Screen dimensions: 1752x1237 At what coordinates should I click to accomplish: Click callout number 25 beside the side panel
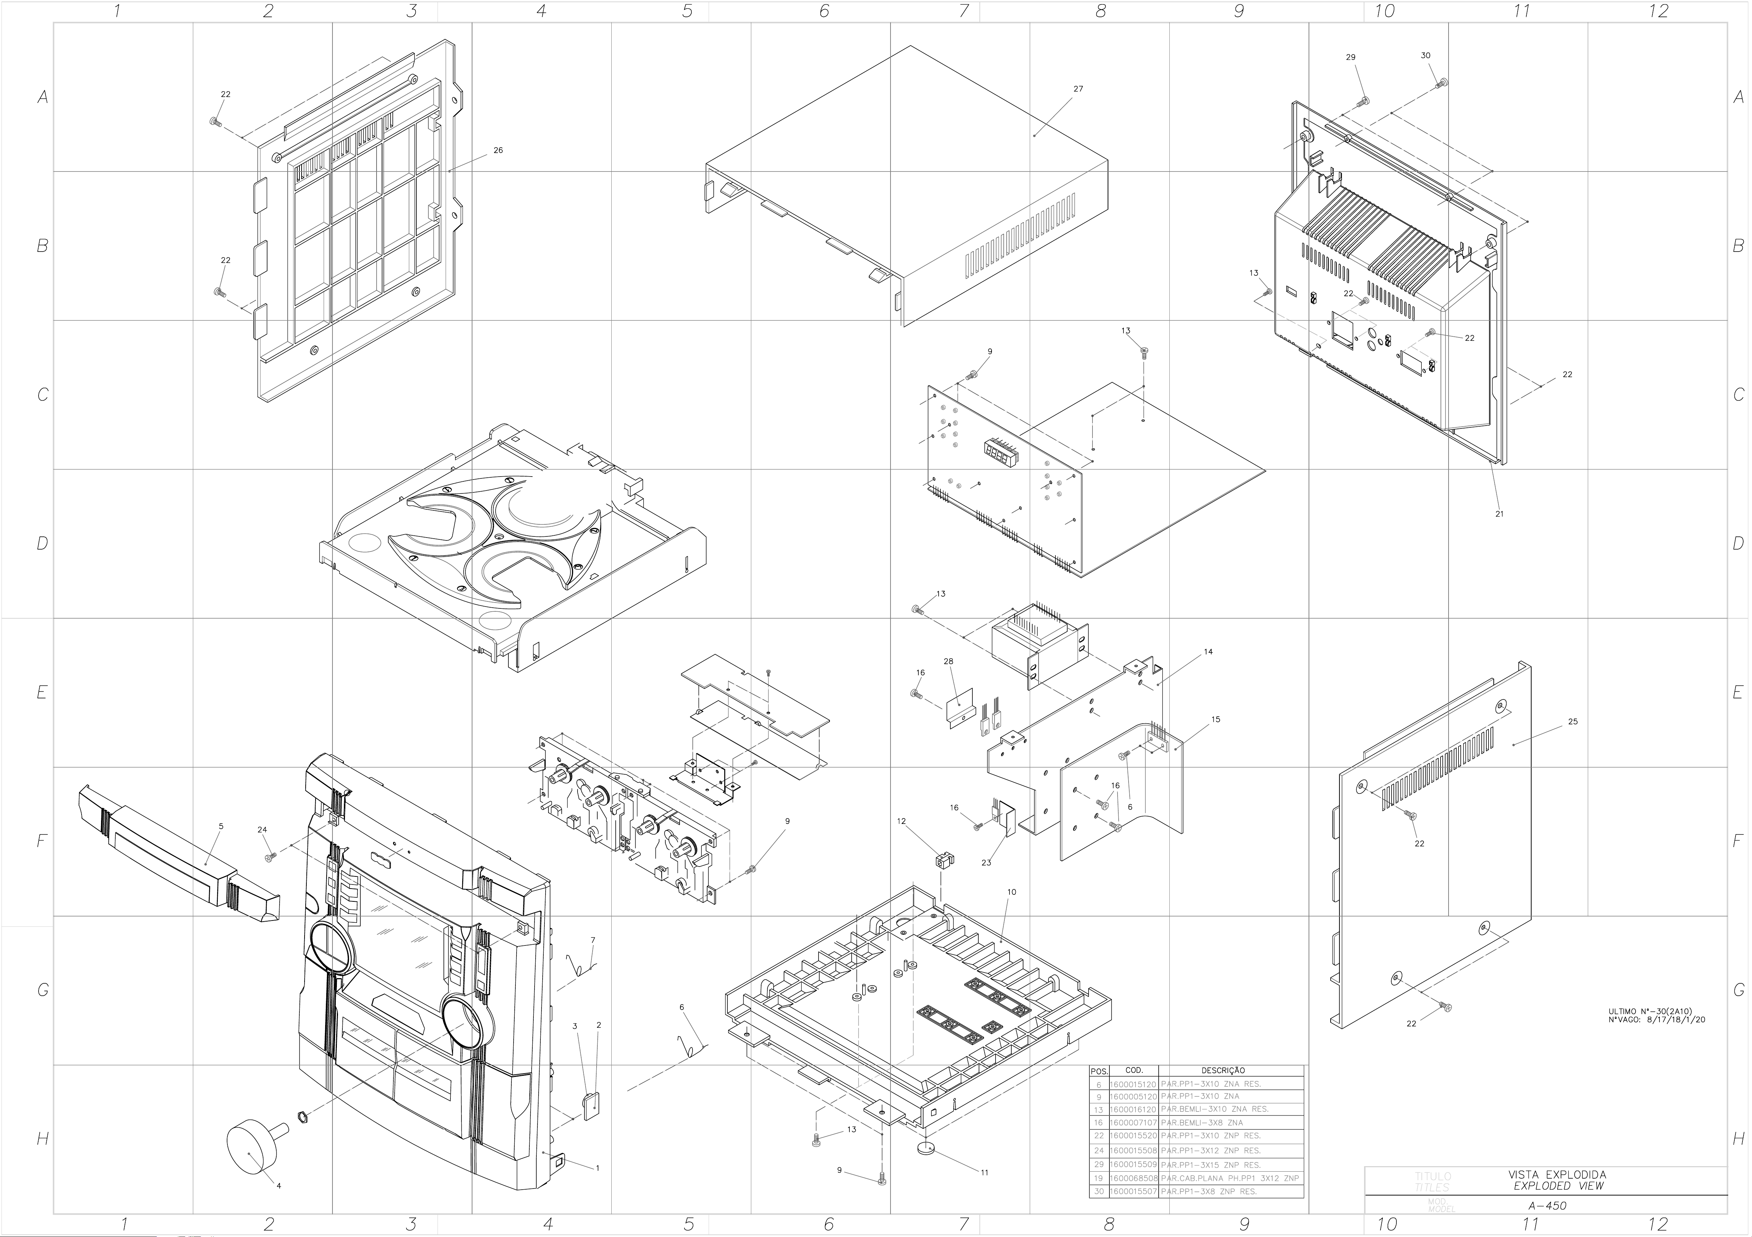pyautogui.click(x=1573, y=721)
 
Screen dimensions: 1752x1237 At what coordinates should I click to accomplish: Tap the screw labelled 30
pyautogui.click(x=1442, y=82)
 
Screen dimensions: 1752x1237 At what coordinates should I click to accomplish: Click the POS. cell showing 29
pyautogui.click(x=1099, y=1165)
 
